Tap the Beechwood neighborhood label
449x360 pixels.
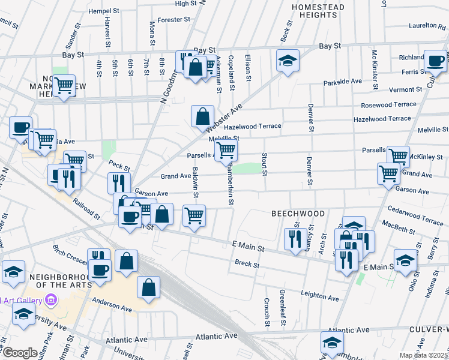(x=298, y=214)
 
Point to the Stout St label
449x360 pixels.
(x=264, y=164)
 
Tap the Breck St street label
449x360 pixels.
(x=247, y=263)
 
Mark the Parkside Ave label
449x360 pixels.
(x=342, y=81)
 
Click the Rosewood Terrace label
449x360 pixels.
(x=388, y=104)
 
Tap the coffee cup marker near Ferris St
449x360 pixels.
(x=435, y=60)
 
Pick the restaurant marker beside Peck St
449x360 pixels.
(x=119, y=182)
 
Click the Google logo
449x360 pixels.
(x=20, y=352)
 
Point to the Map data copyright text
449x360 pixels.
(x=423, y=355)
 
